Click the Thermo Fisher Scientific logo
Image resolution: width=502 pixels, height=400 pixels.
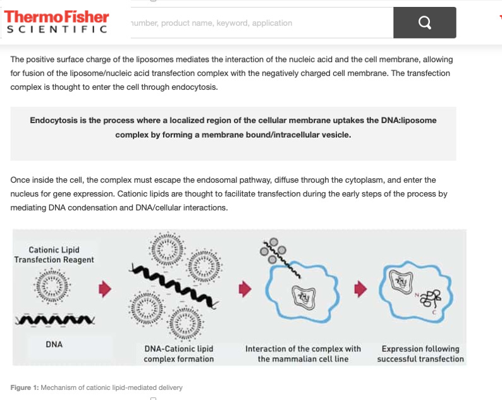click(x=56, y=21)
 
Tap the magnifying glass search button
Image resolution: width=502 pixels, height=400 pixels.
click(x=424, y=23)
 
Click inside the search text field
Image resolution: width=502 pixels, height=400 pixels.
click(x=262, y=23)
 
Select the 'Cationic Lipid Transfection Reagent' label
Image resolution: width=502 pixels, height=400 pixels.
click(x=54, y=255)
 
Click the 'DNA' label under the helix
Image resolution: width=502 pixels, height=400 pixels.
click(x=54, y=344)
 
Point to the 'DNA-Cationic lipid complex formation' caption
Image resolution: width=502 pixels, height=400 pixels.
click(x=179, y=354)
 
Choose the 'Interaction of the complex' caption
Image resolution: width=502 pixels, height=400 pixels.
click(x=303, y=354)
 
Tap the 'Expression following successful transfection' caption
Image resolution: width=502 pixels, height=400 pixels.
click(x=420, y=354)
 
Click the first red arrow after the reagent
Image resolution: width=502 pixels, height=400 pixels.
click(x=105, y=289)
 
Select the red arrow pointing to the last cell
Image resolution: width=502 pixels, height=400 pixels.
click(x=360, y=289)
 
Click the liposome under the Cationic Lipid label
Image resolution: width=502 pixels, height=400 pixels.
click(x=52, y=286)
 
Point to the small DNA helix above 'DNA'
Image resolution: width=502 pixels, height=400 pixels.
click(x=55, y=320)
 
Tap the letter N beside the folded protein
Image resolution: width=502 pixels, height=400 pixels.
click(x=417, y=294)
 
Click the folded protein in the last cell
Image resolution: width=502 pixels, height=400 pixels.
click(x=431, y=298)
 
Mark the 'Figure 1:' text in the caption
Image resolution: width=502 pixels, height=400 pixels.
click(x=24, y=387)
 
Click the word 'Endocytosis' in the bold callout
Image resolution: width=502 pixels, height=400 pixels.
click(x=54, y=120)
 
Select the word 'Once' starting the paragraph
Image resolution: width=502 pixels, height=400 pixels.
click(x=20, y=180)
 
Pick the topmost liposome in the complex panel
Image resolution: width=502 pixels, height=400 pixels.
click(x=167, y=249)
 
